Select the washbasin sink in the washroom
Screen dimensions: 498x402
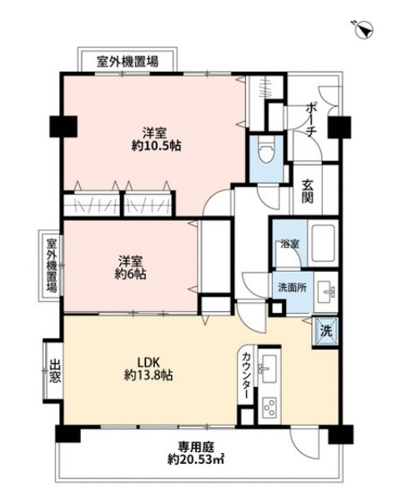[x=328, y=291]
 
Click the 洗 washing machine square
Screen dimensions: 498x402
[x=326, y=330]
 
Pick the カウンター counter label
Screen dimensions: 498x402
[x=248, y=375]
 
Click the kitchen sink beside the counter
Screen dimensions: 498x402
[x=270, y=368]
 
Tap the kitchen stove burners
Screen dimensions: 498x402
[x=270, y=408]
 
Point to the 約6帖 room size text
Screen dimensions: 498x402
[x=133, y=273]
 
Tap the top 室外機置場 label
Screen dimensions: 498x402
[x=127, y=62]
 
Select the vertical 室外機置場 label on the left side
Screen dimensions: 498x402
[x=52, y=265]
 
